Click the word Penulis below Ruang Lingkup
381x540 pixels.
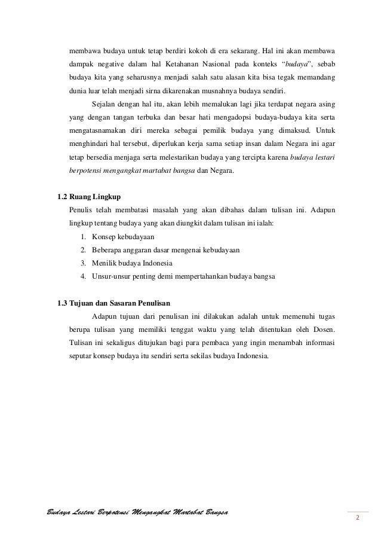point(82,210)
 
